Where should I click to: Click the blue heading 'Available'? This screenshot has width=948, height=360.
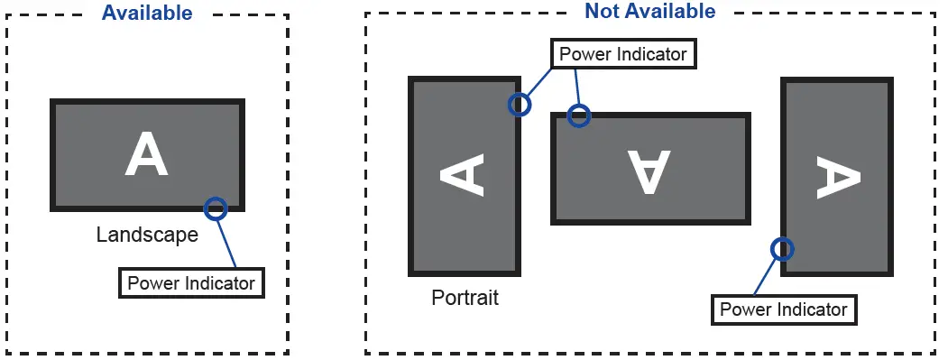[x=147, y=13]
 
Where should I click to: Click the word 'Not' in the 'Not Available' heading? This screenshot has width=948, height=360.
[x=603, y=11]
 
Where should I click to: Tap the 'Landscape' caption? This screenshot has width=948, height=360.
[x=147, y=235]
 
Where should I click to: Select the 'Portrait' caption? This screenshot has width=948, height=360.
[x=465, y=298]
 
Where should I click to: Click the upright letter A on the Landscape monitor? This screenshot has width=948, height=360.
[x=146, y=154]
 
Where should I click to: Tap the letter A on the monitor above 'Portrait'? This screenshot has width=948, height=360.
[x=463, y=175]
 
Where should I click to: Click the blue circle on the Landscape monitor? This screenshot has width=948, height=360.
[x=215, y=208]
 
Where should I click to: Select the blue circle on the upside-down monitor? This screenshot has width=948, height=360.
[x=578, y=115]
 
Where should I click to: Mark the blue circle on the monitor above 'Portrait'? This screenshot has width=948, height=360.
[x=520, y=105]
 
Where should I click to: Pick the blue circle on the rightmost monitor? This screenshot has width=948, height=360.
[x=782, y=248]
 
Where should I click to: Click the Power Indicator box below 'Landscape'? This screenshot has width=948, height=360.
[x=191, y=283]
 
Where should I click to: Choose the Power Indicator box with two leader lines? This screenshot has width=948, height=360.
[x=623, y=54]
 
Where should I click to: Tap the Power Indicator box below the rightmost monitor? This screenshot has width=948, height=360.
[x=784, y=310]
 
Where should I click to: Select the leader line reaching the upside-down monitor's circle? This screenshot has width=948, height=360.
[x=575, y=88]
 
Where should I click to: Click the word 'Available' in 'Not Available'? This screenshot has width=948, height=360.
[x=668, y=11]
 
